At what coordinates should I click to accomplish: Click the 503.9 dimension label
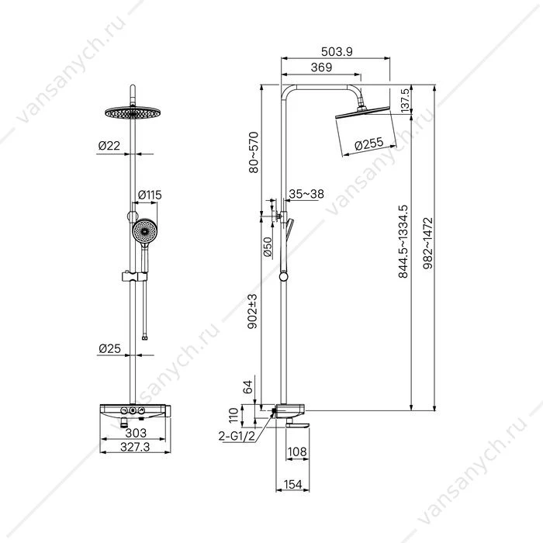point(337,52)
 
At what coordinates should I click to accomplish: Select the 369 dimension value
point(321,67)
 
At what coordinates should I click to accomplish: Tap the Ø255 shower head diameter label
point(369,144)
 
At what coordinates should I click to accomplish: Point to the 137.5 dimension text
point(405,100)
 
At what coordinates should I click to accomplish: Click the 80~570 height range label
point(254,152)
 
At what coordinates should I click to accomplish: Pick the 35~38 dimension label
point(306,194)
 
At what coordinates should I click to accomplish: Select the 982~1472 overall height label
point(428,243)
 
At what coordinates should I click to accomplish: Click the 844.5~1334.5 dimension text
point(403,242)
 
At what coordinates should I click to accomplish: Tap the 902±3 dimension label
point(253,311)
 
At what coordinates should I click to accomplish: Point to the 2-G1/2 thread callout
point(237,436)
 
